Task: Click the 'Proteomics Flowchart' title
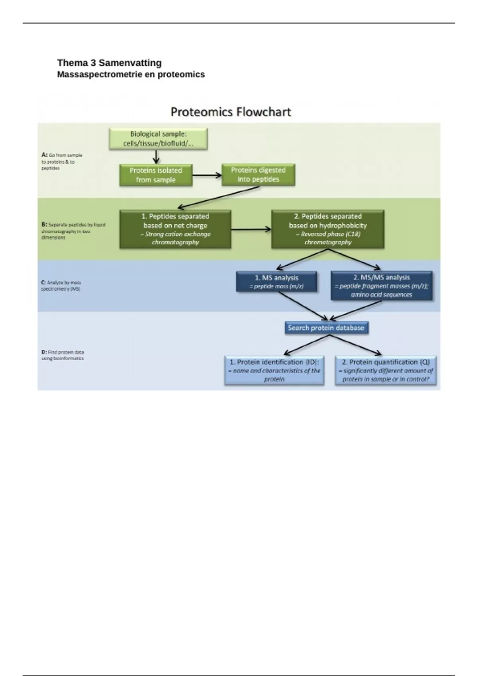pos(231,112)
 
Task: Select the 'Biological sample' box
pos(158,139)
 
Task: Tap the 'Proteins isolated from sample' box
pos(156,175)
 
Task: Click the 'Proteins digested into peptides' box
pos(258,175)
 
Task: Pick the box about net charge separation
pos(175,229)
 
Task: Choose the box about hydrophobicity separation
pos(327,229)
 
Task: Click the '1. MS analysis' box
pos(276,282)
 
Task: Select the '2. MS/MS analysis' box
pos(381,286)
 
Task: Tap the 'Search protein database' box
pos(326,328)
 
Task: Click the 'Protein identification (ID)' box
pos(274,370)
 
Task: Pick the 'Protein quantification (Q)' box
pos(386,370)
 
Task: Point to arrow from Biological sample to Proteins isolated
pos(156,157)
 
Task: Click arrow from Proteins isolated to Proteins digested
pos(207,175)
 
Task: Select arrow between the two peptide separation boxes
pos(251,229)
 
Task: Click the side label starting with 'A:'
pos(61,161)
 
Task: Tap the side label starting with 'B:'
pos(73,231)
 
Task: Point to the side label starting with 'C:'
pos(61,286)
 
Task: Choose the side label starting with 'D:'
pos(63,355)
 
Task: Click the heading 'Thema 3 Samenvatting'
pos(109,63)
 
